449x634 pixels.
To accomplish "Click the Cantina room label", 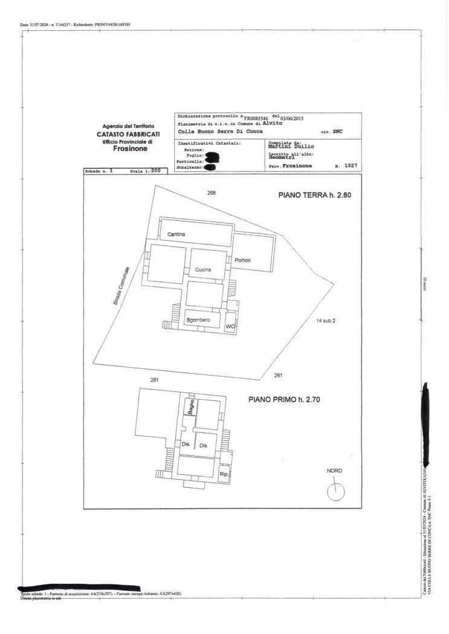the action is tap(176, 234).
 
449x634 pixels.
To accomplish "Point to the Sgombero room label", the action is tap(198, 319).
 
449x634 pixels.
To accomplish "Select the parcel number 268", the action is tap(211, 194).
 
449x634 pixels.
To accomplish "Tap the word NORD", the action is tap(334, 472).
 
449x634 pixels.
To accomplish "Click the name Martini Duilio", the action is tap(291, 146).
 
